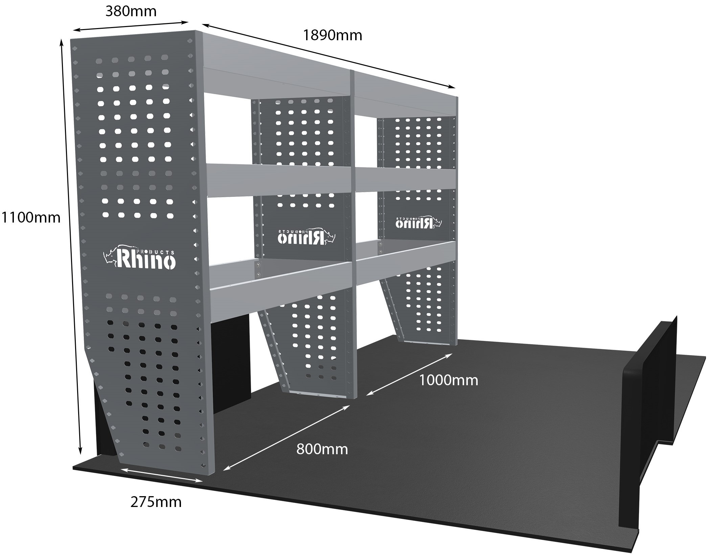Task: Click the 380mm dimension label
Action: click(x=131, y=11)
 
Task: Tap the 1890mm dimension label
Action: click(x=332, y=35)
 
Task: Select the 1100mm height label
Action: click(x=31, y=217)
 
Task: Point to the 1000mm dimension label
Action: click(x=449, y=380)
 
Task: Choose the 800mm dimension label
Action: click(x=322, y=449)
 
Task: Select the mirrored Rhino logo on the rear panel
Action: click(x=419, y=222)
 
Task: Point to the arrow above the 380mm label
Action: click(x=131, y=26)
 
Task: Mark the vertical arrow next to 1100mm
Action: click(x=71, y=247)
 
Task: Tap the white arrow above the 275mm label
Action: click(x=162, y=475)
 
